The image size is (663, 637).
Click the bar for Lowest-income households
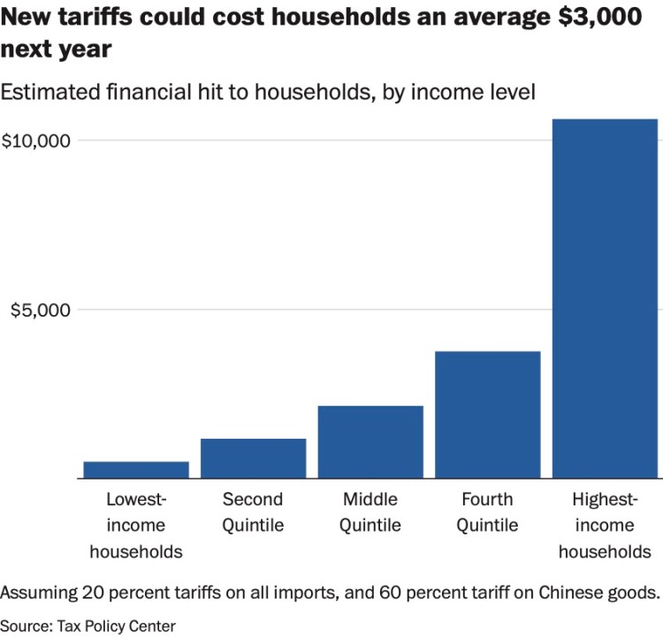coord(135,470)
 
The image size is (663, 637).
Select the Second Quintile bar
coord(253,458)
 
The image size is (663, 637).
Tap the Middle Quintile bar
coord(370,441)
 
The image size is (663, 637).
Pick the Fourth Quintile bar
coord(488,414)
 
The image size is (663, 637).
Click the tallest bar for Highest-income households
coord(605,298)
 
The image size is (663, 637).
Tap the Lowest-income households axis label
coord(135,526)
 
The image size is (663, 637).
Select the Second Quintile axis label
coord(253,512)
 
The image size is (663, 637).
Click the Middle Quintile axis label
coord(370,512)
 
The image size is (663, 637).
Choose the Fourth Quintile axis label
coord(488,512)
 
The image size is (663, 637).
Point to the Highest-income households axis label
coord(605,526)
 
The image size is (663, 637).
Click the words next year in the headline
coord(57,49)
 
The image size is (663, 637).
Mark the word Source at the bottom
coord(25,625)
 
